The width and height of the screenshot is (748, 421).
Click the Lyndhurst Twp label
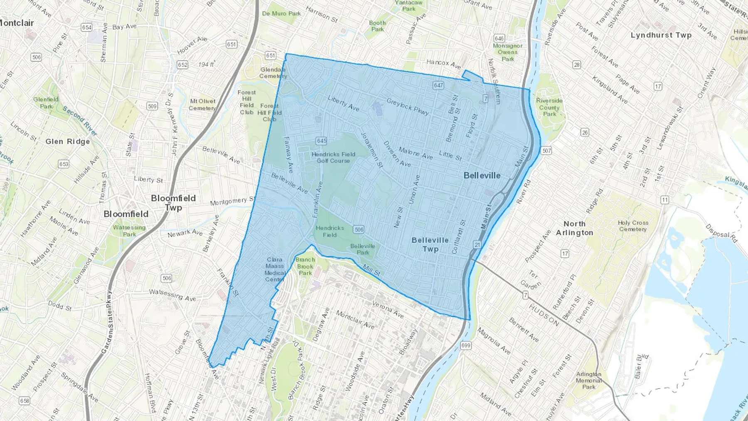pyautogui.click(x=661, y=35)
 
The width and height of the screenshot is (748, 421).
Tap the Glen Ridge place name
pyautogui.click(x=68, y=142)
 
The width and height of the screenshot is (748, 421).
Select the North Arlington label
pyautogui.click(x=575, y=228)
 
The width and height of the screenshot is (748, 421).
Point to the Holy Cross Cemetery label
pyautogui.click(x=632, y=226)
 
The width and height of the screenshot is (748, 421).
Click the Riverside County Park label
pyautogui.click(x=549, y=107)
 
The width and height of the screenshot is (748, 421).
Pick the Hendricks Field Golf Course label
pyautogui.click(x=333, y=158)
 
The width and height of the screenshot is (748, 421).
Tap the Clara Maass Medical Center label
pyautogui.click(x=275, y=269)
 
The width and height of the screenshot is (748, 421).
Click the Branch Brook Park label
pyautogui.click(x=305, y=266)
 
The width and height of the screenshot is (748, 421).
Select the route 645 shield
pyautogui.click(x=321, y=141)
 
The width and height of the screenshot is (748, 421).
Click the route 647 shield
pyautogui.click(x=438, y=86)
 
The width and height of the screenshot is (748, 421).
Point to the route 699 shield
pyautogui.click(x=465, y=345)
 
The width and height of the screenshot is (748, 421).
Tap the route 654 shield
pyautogui.click(x=86, y=27)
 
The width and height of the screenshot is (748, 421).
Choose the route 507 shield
pyautogui.click(x=546, y=150)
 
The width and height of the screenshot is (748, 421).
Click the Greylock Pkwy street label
pyautogui.click(x=407, y=106)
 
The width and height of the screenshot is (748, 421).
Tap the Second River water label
pyautogui.click(x=80, y=121)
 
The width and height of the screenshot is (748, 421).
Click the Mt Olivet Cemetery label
pyautogui.click(x=202, y=105)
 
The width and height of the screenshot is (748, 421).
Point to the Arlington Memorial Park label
pyautogui.click(x=588, y=380)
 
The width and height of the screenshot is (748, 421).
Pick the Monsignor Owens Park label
pyautogui.click(x=507, y=52)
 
